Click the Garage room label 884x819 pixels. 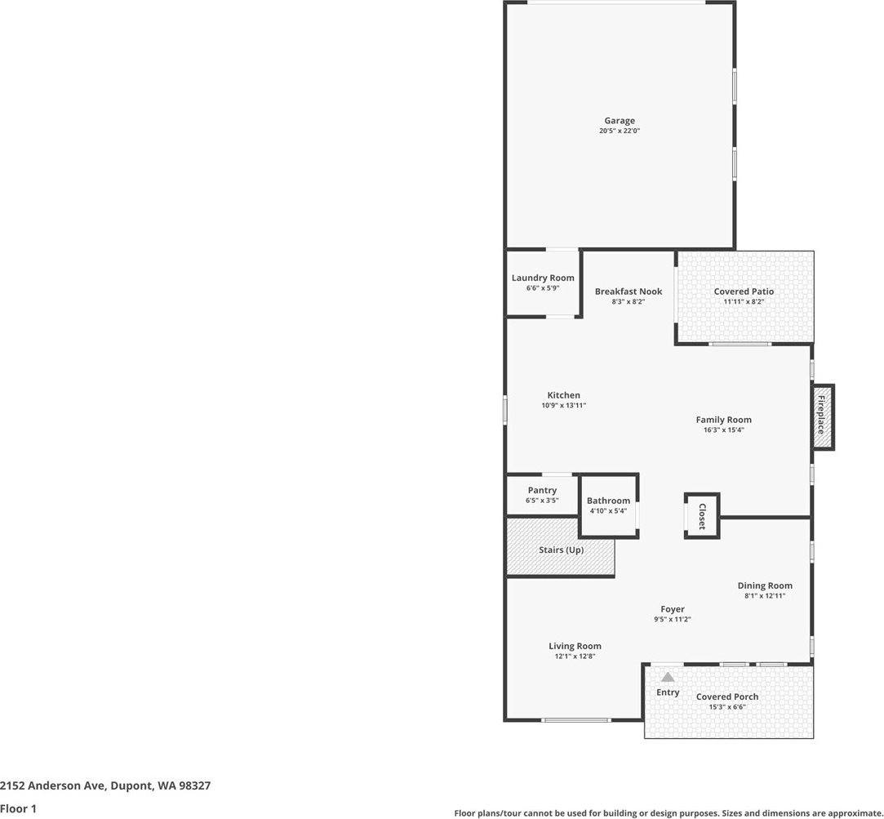pos(620,121)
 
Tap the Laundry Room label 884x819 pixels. pos(543,278)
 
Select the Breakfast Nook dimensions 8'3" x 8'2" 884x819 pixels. pos(629,302)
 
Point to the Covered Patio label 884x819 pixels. pos(744,292)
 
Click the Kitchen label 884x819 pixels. pos(564,395)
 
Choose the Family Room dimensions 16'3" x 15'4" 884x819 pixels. pos(723,430)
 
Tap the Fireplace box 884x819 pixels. pos(822,416)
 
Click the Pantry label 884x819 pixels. pos(542,490)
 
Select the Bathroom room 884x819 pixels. pos(608,505)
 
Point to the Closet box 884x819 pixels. pos(702,516)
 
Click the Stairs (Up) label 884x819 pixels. pos(561,550)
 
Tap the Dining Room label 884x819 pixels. pos(765,585)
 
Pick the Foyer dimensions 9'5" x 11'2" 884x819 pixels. pos(673,620)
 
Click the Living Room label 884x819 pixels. pos(575,646)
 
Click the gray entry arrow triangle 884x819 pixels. pos(668,677)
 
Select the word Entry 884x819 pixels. pos(668,692)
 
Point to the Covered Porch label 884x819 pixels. pos(727,697)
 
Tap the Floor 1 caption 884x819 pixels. pos(19,808)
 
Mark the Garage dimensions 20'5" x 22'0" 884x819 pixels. pos(620,131)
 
